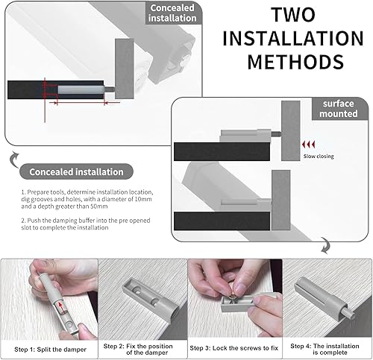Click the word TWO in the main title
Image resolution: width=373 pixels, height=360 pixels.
coord(293,15)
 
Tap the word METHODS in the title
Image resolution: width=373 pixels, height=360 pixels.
coord(296,62)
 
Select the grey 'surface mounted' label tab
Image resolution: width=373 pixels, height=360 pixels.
coord(339,109)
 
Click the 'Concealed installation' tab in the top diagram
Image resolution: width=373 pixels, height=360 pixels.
coord(172,13)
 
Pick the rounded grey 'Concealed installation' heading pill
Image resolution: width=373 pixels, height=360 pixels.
coord(76,171)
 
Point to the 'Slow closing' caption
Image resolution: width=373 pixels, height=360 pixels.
coord(319,157)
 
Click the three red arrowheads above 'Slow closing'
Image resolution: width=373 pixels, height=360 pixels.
coord(308,145)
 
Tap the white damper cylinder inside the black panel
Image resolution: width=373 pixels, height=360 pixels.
coord(81,89)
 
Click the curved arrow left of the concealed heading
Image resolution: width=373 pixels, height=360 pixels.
coord(14,160)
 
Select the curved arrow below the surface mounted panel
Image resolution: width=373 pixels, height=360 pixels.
coord(325,245)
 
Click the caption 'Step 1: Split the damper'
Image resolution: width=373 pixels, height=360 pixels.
coord(50,350)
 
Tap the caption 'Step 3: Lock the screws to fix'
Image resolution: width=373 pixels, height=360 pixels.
coord(234,348)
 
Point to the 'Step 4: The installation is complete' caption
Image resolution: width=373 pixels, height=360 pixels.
coord(325,349)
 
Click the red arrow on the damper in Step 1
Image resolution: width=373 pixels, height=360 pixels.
coord(60,307)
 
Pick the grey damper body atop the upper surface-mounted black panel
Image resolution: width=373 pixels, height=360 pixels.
coord(245,136)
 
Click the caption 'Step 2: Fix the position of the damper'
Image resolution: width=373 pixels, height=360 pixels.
coord(138,349)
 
